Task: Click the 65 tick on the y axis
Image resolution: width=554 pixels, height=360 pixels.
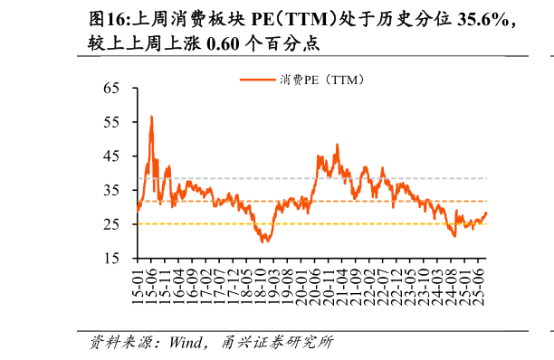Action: pos(112,89)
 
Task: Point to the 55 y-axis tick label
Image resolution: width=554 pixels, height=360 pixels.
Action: pos(112,122)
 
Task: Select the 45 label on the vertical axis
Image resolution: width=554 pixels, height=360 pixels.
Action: pos(112,156)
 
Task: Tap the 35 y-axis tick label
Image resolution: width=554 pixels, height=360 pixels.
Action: pos(112,191)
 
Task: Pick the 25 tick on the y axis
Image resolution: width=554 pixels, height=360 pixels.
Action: pos(112,224)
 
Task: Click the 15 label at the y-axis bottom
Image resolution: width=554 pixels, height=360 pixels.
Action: pos(112,259)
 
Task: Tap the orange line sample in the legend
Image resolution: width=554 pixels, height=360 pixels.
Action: pos(258,80)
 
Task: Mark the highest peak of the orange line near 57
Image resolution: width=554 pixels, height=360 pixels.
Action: pos(151,117)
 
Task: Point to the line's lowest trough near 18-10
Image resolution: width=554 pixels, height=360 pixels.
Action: pos(263,242)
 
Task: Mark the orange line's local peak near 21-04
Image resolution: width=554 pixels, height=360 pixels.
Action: pos(338,145)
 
